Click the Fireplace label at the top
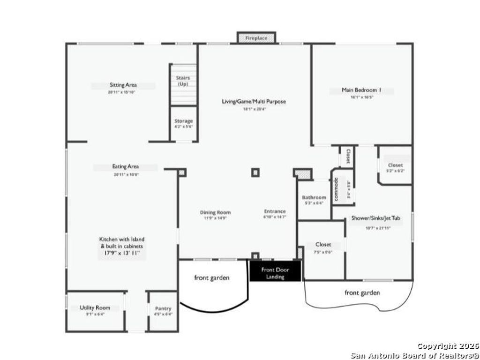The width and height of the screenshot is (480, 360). pyautogui.click(x=256, y=38)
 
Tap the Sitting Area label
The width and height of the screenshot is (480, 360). pyautogui.click(x=123, y=85)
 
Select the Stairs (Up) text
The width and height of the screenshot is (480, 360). pyautogui.click(x=183, y=81)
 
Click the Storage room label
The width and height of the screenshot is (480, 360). pyautogui.click(x=183, y=121)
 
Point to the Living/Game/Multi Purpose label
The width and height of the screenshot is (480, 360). pyautogui.click(x=254, y=101)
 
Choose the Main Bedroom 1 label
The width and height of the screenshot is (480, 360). pyautogui.click(x=361, y=90)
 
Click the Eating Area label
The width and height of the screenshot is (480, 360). pyautogui.click(x=126, y=166)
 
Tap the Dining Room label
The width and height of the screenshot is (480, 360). pyautogui.click(x=216, y=212)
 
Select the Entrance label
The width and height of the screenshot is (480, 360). pyautogui.click(x=275, y=211)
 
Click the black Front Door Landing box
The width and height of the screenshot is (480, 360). pyautogui.click(x=275, y=273)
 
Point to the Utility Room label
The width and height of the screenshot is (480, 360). pyautogui.click(x=95, y=307)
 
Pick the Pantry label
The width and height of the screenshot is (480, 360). pyautogui.click(x=163, y=308)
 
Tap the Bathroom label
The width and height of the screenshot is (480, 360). pyautogui.click(x=314, y=197)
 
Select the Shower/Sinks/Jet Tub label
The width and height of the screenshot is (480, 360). pyautogui.click(x=378, y=218)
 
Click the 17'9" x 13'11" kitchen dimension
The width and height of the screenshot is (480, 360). pyautogui.click(x=122, y=253)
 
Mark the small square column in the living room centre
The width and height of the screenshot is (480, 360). pyautogui.click(x=255, y=172)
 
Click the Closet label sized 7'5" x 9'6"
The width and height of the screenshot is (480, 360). pyautogui.click(x=323, y=244)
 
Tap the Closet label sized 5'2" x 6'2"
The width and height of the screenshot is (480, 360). pyautogui.click(x=395, y=165)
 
